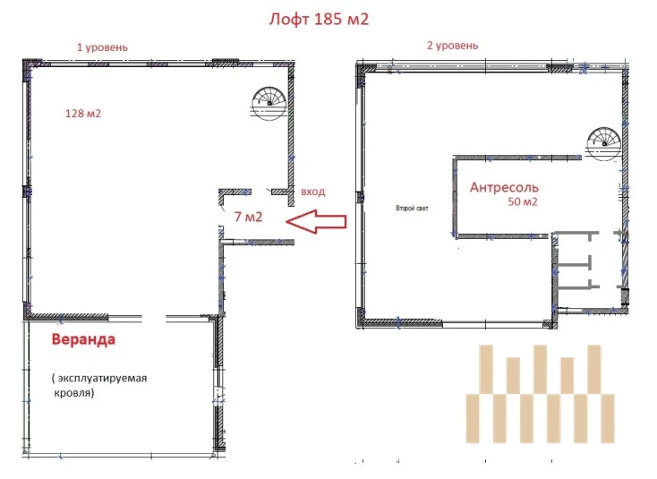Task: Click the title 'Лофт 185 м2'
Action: [319, 20]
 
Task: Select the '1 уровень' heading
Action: [102, 47]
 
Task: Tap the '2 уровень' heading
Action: [453, 46]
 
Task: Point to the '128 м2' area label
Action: [83, 114]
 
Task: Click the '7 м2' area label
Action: [249, 217]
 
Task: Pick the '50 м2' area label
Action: [523, 201]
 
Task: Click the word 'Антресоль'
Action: [504, 187]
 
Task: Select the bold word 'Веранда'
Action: [83, 339]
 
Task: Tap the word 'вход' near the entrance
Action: [313, 192]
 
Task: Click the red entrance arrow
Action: [316, 222]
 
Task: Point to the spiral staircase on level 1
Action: [269, 104]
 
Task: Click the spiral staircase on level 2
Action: [603, 144]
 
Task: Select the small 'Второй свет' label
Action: [412, 208]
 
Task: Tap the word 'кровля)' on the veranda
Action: [74, 393]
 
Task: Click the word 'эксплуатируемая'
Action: [102, 378]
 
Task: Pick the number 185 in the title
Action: [328, 20]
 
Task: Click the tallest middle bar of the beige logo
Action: [540, 369]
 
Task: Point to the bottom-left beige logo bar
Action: [473, 418]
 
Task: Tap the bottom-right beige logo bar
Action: [608, 418]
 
